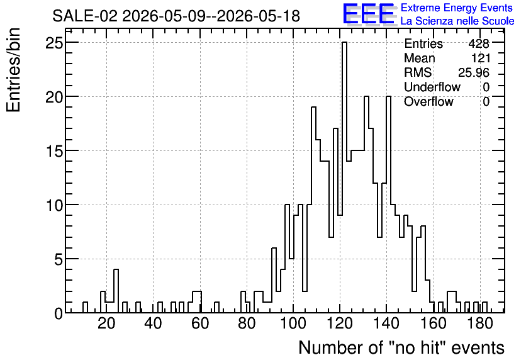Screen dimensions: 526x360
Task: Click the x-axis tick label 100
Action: [x=293, y=323]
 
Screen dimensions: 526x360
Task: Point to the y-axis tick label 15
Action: [x=54, y=151]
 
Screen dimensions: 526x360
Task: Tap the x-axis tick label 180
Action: [x=480, y=323]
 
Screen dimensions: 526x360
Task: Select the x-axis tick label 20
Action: [x=107, y=323]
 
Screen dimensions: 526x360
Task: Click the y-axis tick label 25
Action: [x=54, y=43]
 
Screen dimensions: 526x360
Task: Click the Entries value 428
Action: [x=479, y=43]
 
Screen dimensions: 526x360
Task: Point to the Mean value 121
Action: [x=481, y=58]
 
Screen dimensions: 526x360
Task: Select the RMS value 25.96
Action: [x=474, y=72]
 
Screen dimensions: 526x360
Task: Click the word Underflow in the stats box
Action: [x=432, y=87]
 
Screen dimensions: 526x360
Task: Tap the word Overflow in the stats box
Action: [x=428, y=101]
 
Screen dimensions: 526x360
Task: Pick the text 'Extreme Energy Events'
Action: [x=457, y=8]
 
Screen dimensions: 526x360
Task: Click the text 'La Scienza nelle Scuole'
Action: [x=457, y=21]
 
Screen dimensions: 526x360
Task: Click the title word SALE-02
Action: [x=85, y=16]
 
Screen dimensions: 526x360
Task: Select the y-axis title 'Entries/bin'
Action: [x=14, y=70]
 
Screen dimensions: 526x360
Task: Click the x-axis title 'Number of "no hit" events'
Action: [x=401, y=347]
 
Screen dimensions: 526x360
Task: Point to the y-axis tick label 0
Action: [x=59, y=313]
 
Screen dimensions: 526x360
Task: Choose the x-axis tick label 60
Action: [x=200, y=323]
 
